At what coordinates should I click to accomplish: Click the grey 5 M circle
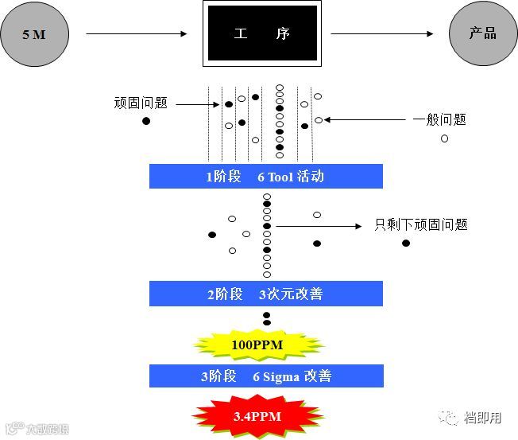point(34,35)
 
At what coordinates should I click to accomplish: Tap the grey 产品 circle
point(483,34)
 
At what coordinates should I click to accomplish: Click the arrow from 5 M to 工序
point(135,34)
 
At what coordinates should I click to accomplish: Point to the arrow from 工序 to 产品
point(381,34)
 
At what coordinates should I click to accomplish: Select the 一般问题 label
point(439,120)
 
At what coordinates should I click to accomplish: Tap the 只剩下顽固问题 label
point(421,225)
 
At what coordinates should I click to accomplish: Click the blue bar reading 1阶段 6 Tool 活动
point(265,177)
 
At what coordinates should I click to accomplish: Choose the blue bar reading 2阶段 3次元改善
point(265,294)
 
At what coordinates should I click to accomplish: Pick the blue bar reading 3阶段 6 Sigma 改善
point(265,376)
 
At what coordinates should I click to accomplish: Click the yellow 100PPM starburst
point(258,345)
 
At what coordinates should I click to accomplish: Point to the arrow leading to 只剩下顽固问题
point(318,226)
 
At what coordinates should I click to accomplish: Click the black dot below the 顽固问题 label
point(145,121)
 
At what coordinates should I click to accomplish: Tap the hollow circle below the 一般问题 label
point(444,138)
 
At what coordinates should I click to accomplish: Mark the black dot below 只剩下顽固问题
point(406,243)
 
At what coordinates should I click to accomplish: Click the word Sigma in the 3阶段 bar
point(281,376)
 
